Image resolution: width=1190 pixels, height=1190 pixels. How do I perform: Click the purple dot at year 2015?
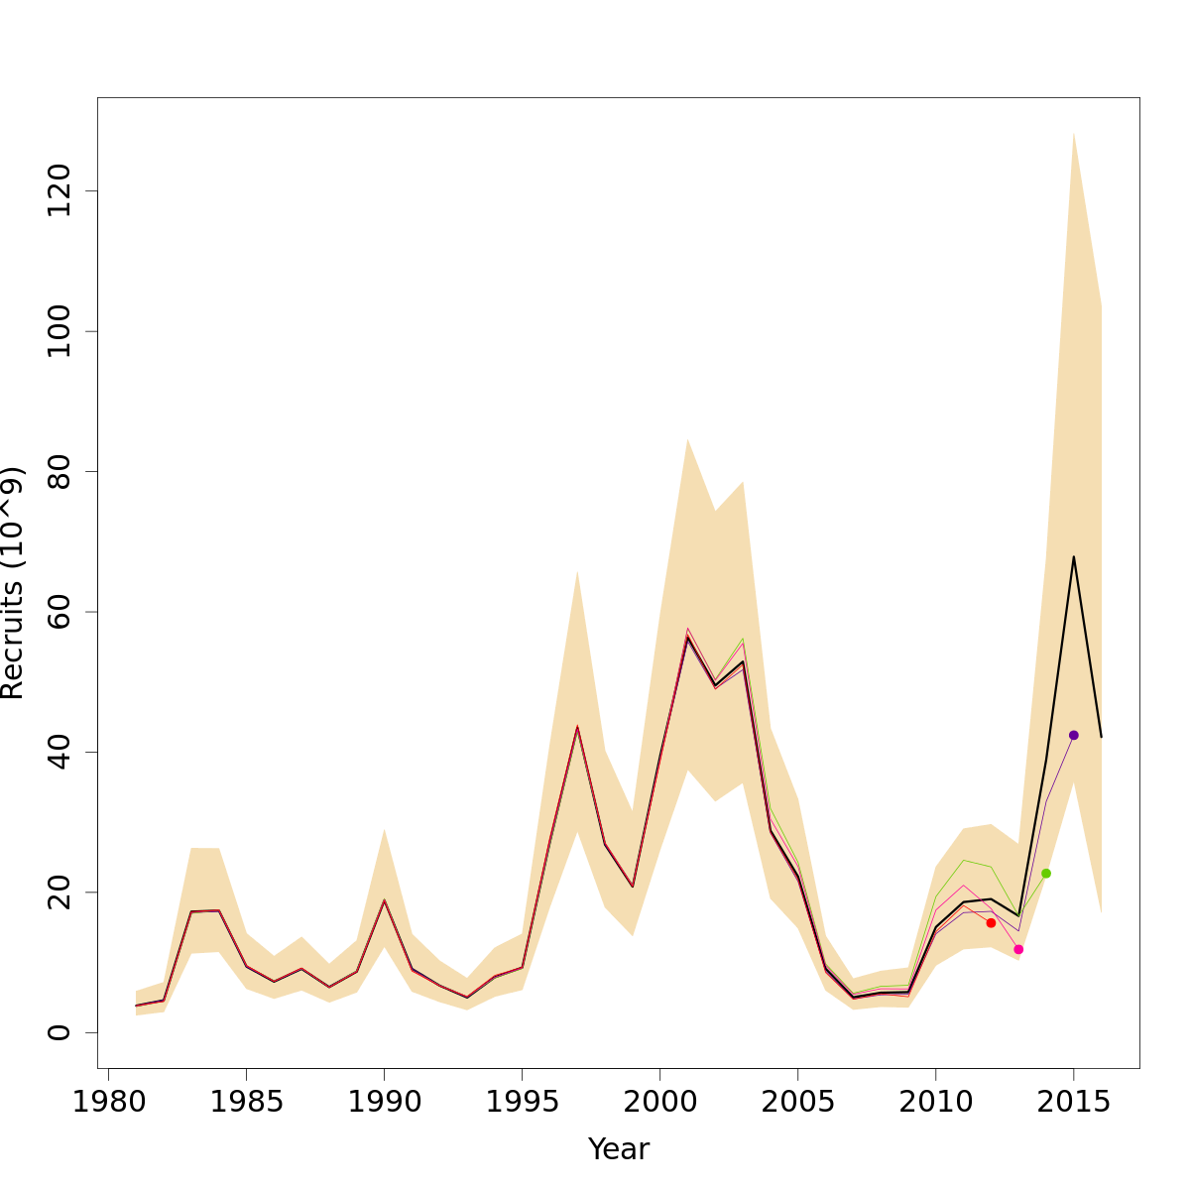(x=1073, y=735)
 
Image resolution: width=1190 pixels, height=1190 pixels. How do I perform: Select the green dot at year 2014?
(x=1046, y=873)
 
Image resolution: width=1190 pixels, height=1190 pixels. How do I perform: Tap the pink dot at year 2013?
(x=1018, y=949)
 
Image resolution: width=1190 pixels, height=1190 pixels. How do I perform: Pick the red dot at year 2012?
(x=991, y=922)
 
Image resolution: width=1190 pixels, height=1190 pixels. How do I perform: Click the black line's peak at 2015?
(x=1073, y=556)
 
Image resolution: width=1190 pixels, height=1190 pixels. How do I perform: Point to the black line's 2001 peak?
(x=687, y=638)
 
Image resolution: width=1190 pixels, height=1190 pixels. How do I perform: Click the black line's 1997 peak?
(x=577, y=727)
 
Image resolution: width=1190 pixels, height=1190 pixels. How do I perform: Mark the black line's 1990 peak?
(x=384, y=900)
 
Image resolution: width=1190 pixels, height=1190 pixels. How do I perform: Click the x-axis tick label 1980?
(x=108, y=1104)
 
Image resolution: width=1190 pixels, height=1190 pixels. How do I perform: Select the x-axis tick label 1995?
(x=522, y=1104)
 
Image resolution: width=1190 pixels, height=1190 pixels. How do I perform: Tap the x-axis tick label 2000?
(x=659, y=1104)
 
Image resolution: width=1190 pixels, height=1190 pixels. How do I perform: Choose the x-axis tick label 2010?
(x=935, y=1104)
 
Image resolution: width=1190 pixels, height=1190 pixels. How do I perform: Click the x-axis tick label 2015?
(x=1073, y=1104)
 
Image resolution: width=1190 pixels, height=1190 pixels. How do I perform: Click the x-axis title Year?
(x=619, y=1149)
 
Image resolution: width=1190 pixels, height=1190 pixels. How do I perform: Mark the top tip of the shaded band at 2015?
(x=1073, y=132)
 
